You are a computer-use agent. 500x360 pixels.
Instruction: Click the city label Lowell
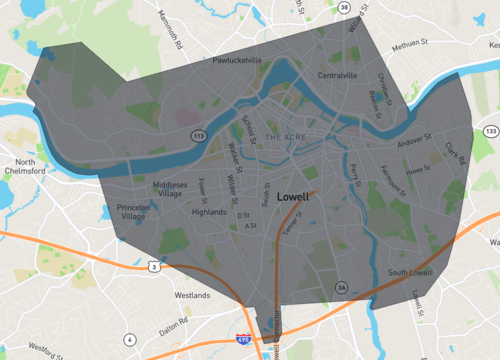pos(293,198)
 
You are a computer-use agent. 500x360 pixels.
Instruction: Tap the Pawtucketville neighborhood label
pos(237,60)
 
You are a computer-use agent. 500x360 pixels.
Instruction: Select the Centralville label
pos(337,75)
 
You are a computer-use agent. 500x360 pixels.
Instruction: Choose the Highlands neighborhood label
pos(209,212)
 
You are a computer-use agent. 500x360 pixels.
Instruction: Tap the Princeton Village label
pos(133,211)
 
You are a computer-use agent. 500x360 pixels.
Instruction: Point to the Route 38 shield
pos(342,8)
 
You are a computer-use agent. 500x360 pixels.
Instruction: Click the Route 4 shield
pos(130,339)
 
